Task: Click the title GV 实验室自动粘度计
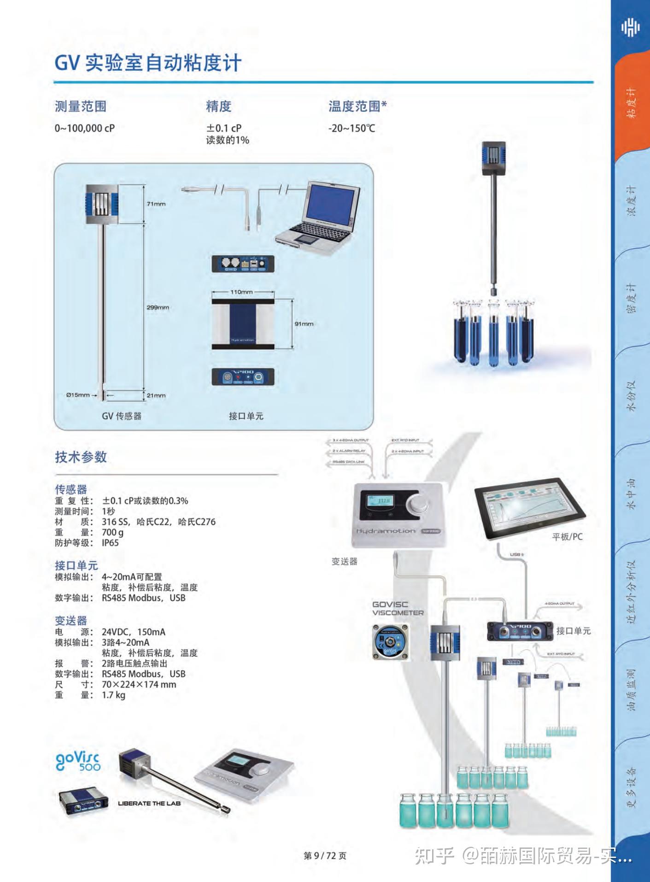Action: point(148,63)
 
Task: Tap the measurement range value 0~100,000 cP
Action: point(85,128)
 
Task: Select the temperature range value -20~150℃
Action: point(351,128)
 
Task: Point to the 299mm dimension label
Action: point(158,307)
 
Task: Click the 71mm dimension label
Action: point(156,204)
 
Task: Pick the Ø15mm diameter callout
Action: point(78,395)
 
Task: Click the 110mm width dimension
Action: point(241,292)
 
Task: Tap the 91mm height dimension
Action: point(304,324)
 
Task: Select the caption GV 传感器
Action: point(122,416)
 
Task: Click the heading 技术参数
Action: point(81,457)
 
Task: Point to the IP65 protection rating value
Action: point(110,543)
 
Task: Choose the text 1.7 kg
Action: point(113,695)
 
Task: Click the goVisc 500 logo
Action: point(78,761)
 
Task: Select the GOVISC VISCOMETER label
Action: point(398,608)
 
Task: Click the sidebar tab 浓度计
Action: point(631,201)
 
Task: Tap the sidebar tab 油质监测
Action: point(631,689)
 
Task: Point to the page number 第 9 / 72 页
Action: point(325,856)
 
